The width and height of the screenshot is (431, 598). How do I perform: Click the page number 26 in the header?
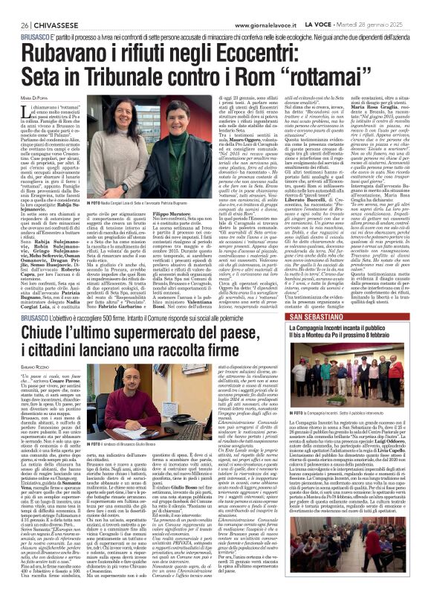tap(15, 6)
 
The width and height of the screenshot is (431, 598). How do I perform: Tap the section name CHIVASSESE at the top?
tap(46, 6)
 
